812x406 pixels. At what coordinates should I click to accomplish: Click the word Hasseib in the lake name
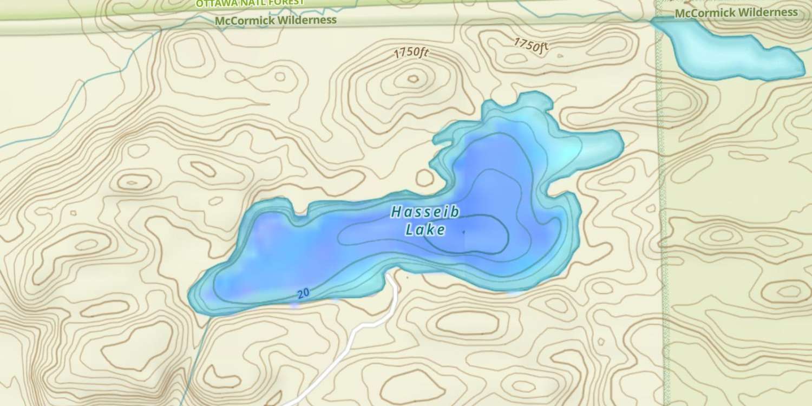tap(425, 212)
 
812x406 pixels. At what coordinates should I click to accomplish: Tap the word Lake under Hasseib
tap(425, 230)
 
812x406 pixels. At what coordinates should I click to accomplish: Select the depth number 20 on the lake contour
tap(303, 293)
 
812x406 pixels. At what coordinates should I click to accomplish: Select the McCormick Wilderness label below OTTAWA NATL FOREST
tap(276, 21)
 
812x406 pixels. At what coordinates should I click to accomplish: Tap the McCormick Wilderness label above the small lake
tap(737, 12)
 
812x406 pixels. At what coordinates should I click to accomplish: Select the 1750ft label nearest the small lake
tap(531, 45)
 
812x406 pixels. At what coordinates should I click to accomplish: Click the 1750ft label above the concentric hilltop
tap(411, 53)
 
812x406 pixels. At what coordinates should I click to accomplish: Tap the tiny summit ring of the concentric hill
tap(413, 79)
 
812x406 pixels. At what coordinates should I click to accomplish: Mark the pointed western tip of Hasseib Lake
tap(191, 297)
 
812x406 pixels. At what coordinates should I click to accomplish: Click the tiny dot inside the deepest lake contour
tap(463, 232)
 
